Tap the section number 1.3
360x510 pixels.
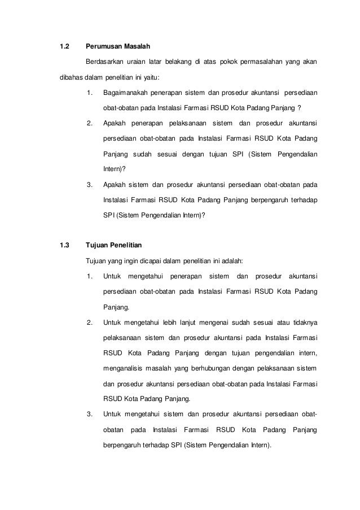(64, 246)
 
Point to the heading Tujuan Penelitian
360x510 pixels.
(114, 246)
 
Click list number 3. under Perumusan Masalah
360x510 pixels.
(90, 184)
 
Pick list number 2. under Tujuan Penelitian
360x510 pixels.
(90, 322)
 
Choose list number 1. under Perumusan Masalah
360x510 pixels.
(90, 92)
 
